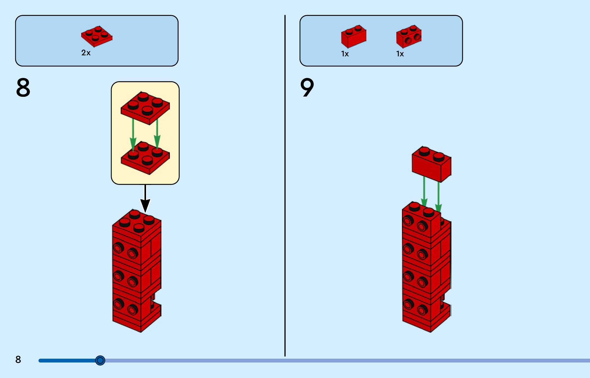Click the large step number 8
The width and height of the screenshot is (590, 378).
(23, 88)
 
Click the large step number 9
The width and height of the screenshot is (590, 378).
(307, 88)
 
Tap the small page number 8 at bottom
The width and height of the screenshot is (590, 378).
(18, 359)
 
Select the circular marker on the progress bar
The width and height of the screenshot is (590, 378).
(100, 360)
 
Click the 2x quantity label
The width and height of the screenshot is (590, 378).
(86, 53)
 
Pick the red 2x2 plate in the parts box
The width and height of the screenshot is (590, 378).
(97, 36)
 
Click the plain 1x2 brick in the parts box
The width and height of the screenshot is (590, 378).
(354, 37)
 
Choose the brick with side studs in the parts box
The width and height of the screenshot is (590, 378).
(409, 37)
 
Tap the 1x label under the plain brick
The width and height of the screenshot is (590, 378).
(345, 54)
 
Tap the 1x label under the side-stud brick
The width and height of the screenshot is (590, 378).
(400, 54)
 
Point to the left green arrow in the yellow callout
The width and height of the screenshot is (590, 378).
(133, 134)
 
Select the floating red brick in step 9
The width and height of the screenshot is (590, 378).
(431, 164)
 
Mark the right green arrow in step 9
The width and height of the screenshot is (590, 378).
(438, 196)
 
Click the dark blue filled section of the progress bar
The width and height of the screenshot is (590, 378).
(67, 361)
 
